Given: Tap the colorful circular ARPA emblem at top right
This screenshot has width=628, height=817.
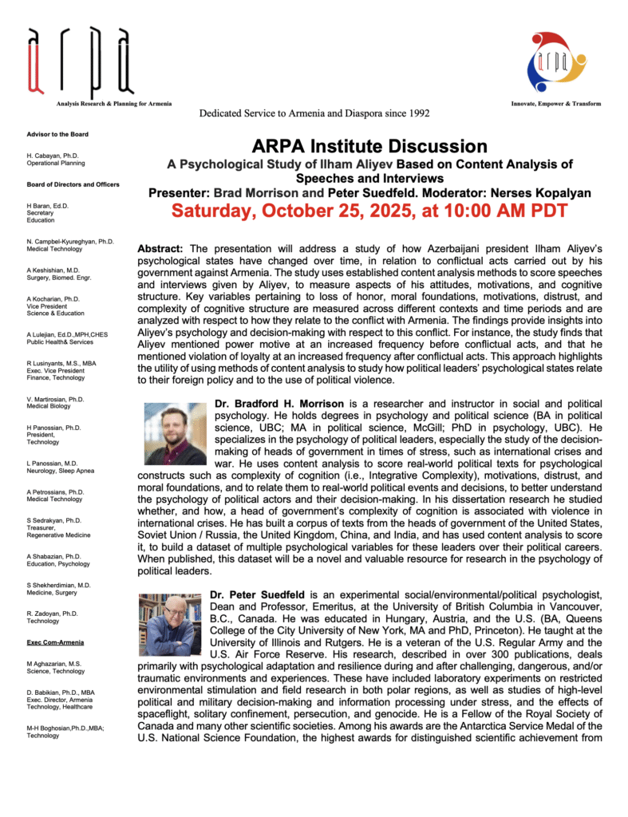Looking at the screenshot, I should tap(556, 62).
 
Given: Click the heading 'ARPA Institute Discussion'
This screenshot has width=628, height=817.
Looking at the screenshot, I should tap(369, 147).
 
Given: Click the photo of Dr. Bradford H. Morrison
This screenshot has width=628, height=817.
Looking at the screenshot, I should tap(175, 434).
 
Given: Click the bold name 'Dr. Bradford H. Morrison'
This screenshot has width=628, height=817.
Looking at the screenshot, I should tap(283, 405).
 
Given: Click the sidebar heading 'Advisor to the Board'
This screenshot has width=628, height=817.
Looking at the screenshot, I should tap(57, 134).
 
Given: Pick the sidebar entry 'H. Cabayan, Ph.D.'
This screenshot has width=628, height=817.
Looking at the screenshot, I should tap(53, 155).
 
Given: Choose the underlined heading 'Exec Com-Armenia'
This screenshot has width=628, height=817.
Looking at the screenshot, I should tap(53, 641).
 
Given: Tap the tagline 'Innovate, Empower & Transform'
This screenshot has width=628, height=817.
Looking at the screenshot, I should tap(556, 104).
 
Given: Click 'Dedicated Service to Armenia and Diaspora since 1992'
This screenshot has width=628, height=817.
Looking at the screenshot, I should tap(314, 113).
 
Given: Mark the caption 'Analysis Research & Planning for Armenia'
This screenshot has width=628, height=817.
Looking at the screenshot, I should tap(114, 105).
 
